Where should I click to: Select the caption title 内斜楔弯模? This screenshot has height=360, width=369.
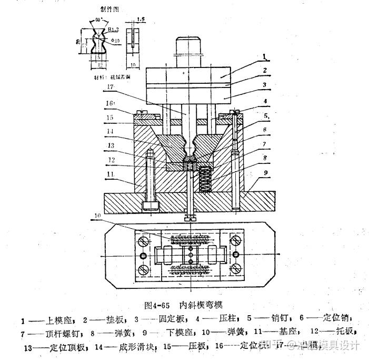pos(202,305)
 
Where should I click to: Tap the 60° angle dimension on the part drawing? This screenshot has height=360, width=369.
pos(96,20)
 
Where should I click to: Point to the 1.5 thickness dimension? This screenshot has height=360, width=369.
pos(139,19)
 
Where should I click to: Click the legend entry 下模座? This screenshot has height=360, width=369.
pos(182,333)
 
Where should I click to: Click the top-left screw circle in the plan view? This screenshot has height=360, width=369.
pos(142,242)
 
